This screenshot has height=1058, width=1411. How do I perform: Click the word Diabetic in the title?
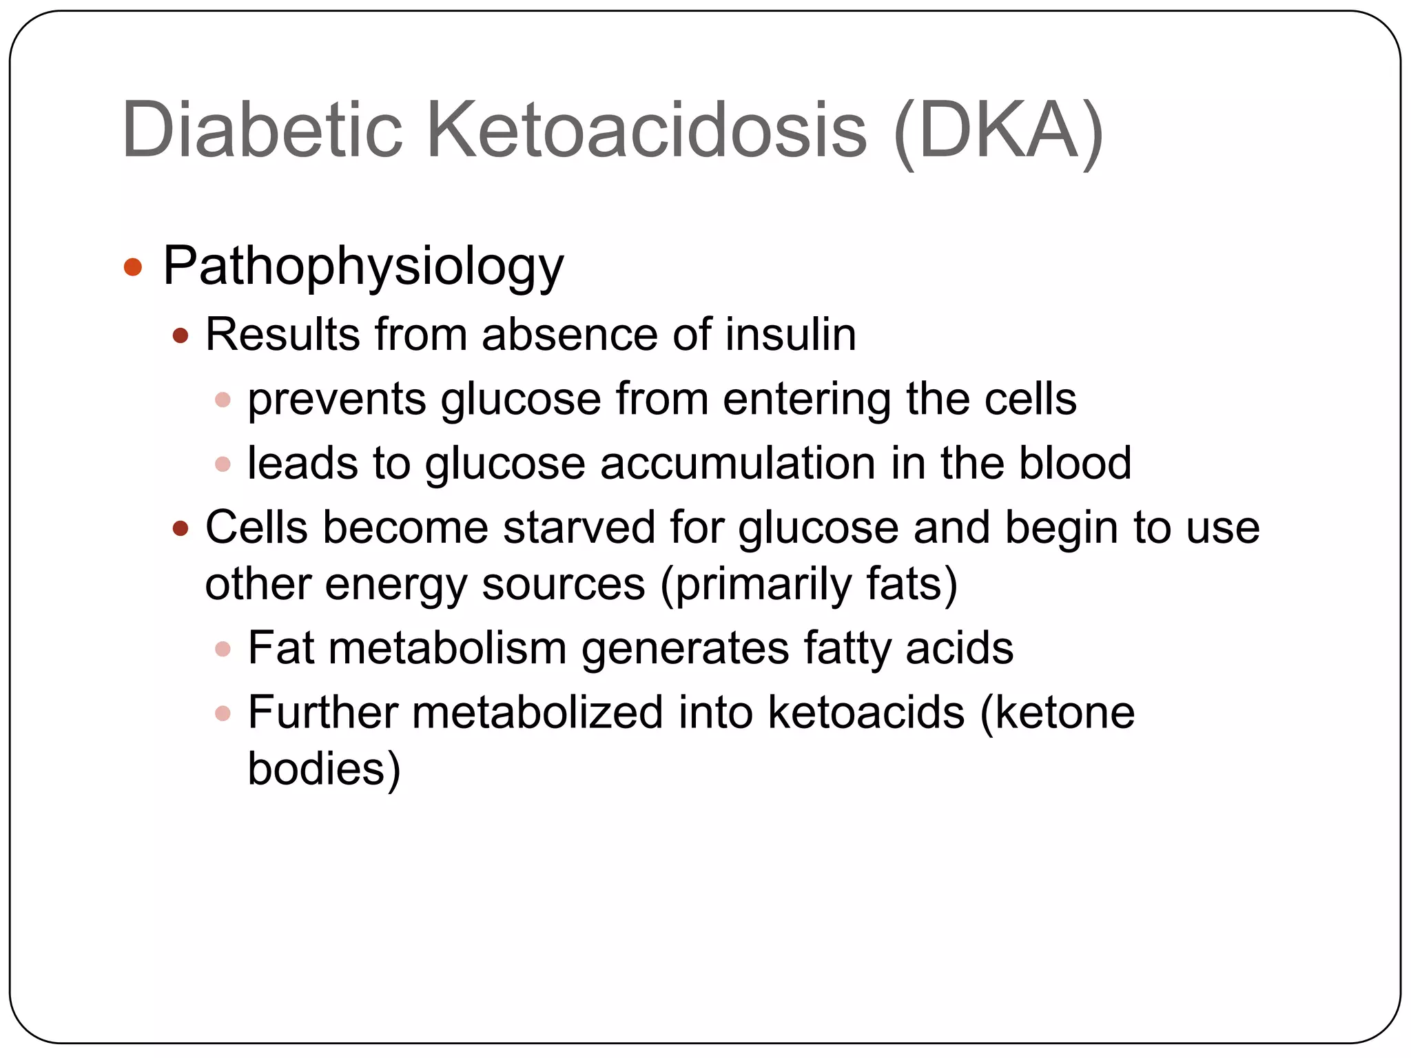click(262, 129)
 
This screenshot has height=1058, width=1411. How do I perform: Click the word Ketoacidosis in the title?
click(646, 129)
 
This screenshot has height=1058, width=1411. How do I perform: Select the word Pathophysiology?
click(363, 267)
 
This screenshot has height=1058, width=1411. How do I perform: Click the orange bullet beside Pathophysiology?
click(133, 267)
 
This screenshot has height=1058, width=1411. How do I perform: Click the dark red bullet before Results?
click(181, 336)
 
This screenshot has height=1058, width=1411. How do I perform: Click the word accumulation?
click(738, 463)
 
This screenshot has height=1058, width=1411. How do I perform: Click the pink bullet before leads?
click(223, 464)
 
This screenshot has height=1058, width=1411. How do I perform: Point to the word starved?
click(579, 528)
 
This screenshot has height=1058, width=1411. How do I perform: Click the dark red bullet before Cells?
click(181, 529)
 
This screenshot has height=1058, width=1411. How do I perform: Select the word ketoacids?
click(866, 712)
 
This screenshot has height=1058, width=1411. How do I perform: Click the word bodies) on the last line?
click(324, 769)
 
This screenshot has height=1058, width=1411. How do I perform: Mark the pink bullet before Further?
click(223, 713)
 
